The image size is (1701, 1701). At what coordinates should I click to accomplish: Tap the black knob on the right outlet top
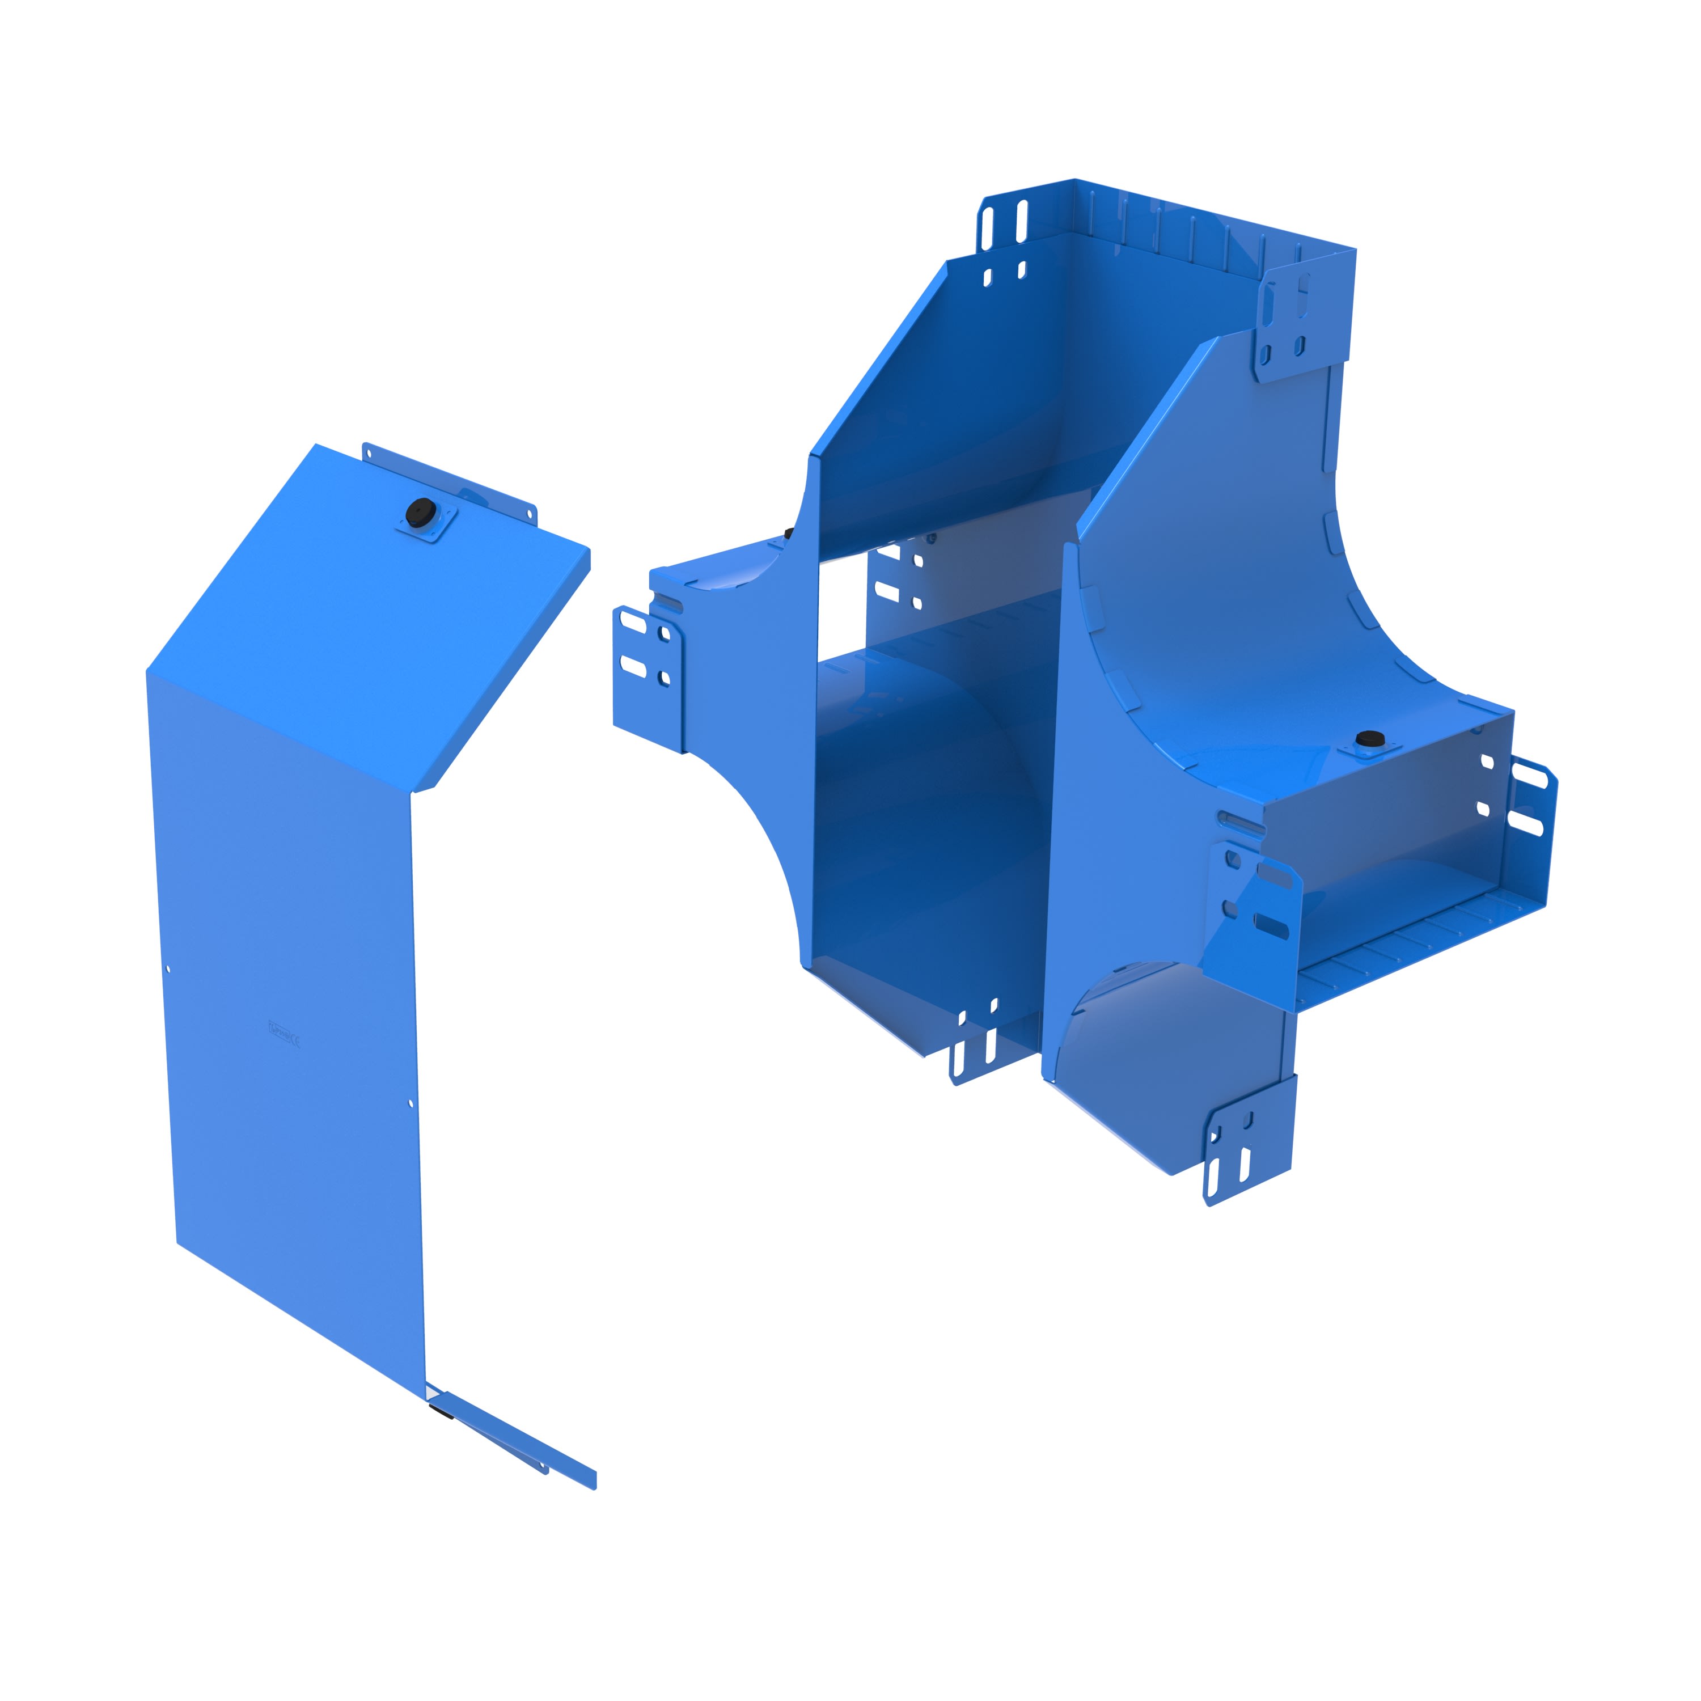1367,738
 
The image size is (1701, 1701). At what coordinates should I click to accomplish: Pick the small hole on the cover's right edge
411,1102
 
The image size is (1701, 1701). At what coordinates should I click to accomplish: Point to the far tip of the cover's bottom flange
594,1482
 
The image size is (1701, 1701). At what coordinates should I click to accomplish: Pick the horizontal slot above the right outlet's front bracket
1241,824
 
